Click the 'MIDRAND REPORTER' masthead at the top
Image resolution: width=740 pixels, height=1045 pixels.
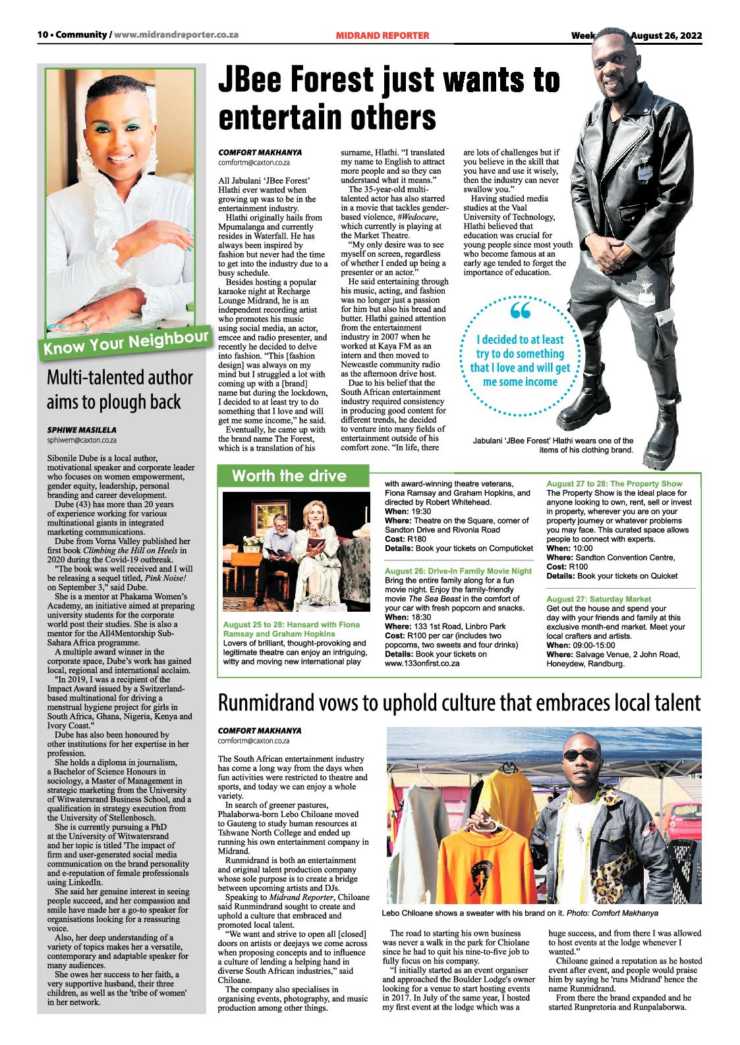[x=382, y=35]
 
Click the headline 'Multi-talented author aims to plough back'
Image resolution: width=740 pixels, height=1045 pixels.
[x=119, y=389]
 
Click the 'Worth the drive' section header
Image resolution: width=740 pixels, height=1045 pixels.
[x=289, y=475]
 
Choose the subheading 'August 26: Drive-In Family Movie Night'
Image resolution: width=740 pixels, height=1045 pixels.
[x=458, y=570]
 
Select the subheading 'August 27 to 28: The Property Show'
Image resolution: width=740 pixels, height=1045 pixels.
[x=614, y=484]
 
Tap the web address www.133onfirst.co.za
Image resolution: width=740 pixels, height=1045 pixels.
[x=422, y=664]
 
